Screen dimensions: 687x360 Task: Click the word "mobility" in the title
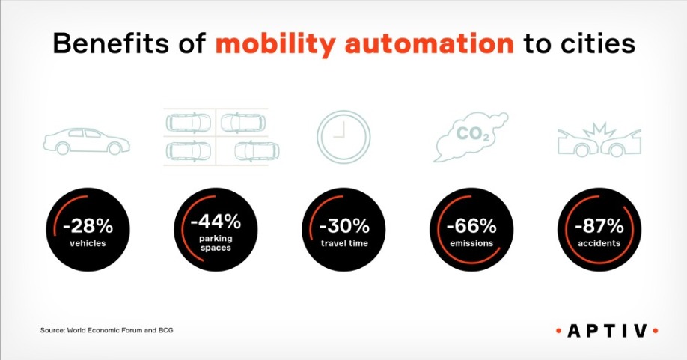275,44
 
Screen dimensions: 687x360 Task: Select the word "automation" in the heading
430,43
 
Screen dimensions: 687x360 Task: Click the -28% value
88,227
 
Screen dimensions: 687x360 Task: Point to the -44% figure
216,222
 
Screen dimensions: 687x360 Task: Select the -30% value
344,227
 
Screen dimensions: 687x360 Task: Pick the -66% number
472,227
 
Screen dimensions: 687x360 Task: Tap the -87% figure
599,227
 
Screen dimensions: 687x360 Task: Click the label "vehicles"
88,243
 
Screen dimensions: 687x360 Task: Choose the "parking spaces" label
216,243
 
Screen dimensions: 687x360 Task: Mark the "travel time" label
344,243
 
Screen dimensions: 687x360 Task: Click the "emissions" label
472,243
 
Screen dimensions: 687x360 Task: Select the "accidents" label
599,243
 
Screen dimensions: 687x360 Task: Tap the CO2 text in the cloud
473,134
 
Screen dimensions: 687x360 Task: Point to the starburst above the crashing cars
599,130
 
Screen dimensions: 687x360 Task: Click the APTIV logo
607,331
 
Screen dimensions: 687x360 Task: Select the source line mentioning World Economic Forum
106,330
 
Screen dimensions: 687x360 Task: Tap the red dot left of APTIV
558,331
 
